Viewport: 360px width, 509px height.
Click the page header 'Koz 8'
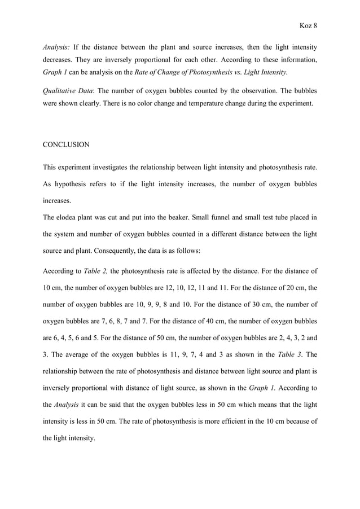point(307,26)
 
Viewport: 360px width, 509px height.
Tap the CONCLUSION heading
point(66,144)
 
